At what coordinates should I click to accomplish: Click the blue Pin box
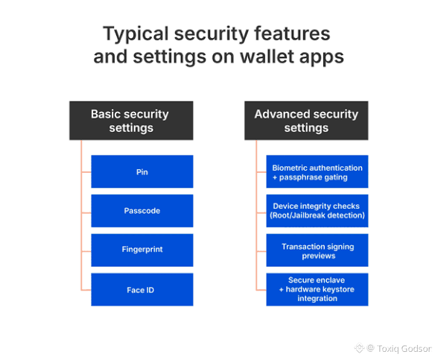point(142,171)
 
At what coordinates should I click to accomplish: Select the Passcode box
point(142,211)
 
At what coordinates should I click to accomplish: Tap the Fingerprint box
point(142,250)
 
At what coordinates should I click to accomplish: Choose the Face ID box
point(142,289)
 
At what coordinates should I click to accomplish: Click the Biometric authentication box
point(317,171)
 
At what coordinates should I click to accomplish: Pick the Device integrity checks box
point(317,211)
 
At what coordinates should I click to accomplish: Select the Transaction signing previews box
point(317,250)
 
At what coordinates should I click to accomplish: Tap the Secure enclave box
point(317,289)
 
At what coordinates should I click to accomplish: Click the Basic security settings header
point(131,121)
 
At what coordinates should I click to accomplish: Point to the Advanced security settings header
point(306,121)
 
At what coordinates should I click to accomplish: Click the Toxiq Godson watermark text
point(404,349)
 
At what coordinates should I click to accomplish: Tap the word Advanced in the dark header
point(282,114)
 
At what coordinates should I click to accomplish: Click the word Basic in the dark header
point(105,114)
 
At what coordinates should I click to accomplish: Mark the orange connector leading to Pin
point(86,172)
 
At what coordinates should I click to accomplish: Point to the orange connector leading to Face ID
point(86,290)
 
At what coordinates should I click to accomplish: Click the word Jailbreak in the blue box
point(308,215)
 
